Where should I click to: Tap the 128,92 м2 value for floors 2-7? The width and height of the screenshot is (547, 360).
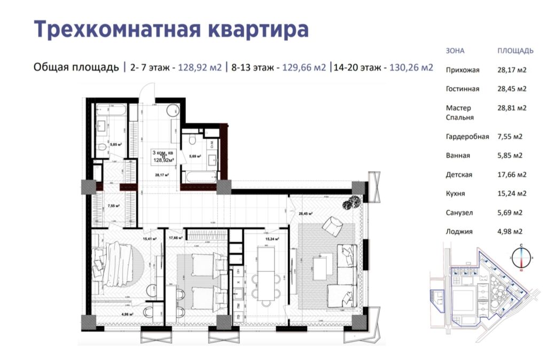(x=199, y=67)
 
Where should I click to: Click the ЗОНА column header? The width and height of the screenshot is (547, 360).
(x=455, y=51)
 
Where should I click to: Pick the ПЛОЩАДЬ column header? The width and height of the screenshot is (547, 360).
(x=515, y=51)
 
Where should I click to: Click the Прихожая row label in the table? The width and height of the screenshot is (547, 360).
(x=463, y=70)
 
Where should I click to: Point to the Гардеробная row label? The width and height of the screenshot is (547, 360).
(x=467, y=137)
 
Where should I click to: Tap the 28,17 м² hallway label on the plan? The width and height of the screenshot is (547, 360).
(x=162, y=175)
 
